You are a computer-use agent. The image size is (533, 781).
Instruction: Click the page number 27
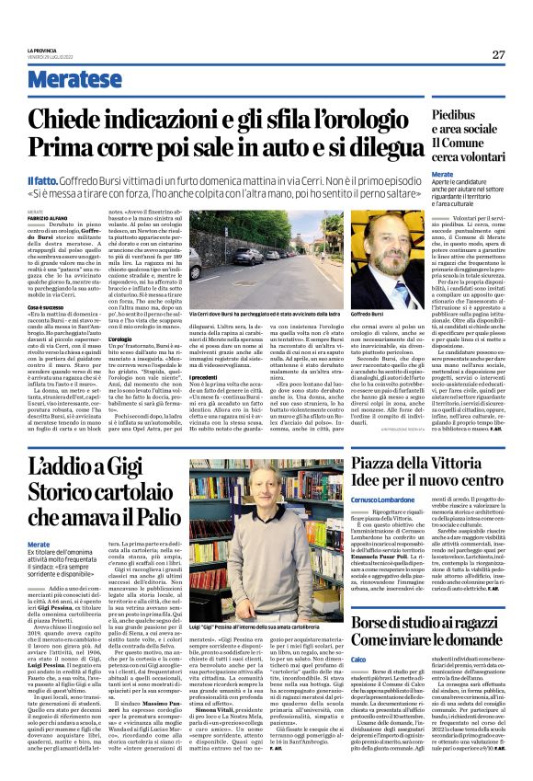(498, 54)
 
